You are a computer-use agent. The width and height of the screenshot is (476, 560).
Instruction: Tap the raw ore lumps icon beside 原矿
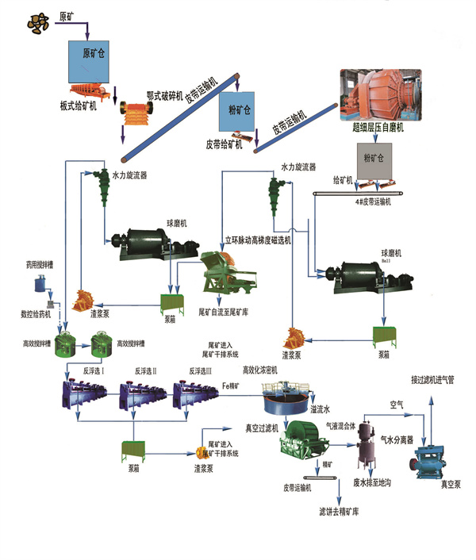[x=36, y=24]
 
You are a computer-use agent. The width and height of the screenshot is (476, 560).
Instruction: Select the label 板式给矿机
[x=78, y=106]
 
